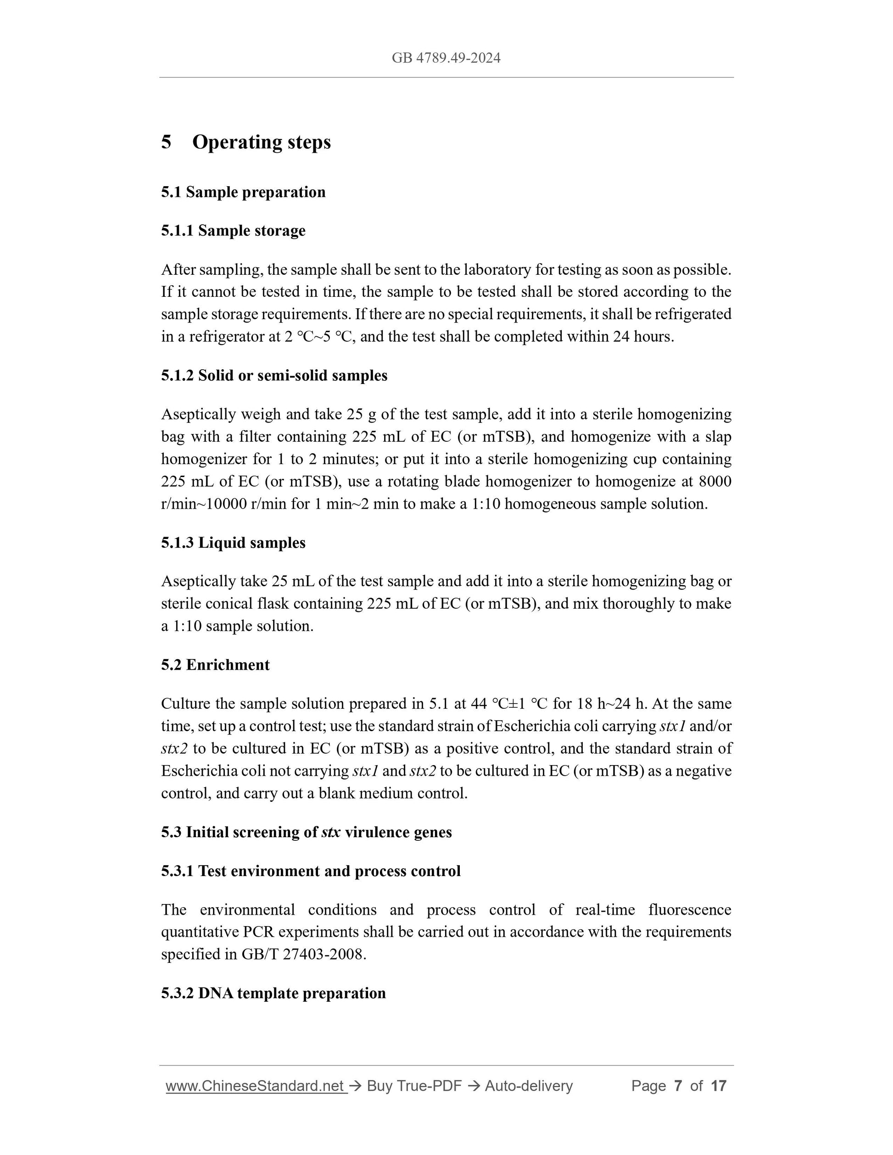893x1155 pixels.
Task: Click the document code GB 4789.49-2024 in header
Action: (446, 58)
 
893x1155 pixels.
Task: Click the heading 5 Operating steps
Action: (246, 142)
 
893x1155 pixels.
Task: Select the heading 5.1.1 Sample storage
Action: (233, 231)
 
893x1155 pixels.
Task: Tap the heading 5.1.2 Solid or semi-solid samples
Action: (274, 376)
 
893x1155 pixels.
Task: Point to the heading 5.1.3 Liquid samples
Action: (233, 543)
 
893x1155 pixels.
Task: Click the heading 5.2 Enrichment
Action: (215, 665)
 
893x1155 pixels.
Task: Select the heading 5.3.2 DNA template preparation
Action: (273, 993)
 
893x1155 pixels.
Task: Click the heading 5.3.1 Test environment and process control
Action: (311, 871)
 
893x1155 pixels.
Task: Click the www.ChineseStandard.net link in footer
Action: (256, 1086)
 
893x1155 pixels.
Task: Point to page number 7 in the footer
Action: (678, 1086)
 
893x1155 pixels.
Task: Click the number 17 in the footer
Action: (719, 1086)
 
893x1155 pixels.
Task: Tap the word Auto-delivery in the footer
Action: (529, 1086)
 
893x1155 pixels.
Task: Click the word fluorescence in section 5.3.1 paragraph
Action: (690, 910)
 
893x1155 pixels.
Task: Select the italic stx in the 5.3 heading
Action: (331, 833)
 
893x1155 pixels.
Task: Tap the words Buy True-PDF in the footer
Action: (414, 1086)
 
